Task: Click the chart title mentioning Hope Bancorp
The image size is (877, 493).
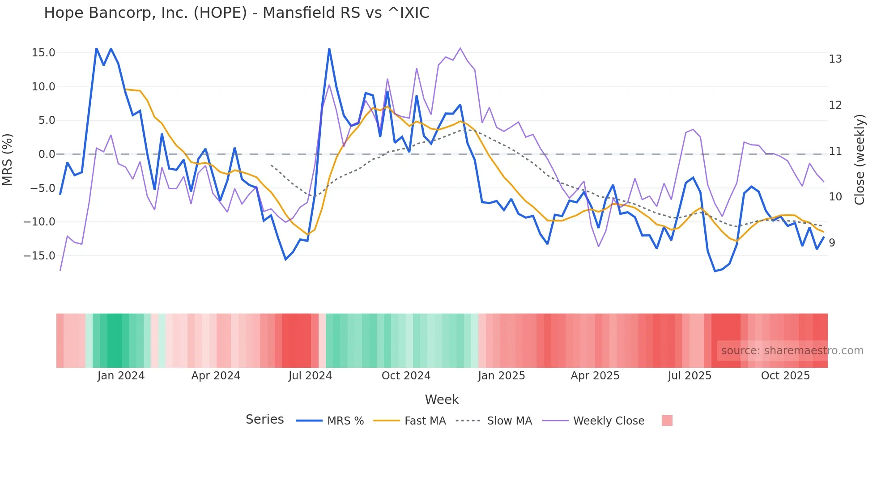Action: tap(236, 13)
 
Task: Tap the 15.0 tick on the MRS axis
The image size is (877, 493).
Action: tap(43, 53)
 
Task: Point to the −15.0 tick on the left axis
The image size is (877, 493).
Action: tap(39, 256)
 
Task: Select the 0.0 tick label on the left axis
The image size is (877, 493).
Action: tap(47, 154)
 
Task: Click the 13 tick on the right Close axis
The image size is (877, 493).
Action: tap(835, 59)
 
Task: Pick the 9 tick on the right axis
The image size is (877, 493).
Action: tap(832, 243)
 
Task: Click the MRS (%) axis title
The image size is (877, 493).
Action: tap(8, 159)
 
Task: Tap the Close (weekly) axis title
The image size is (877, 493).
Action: tap(860, 159)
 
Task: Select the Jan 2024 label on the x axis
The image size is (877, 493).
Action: tap(121, 376)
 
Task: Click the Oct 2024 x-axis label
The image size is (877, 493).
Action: tap(406, 376)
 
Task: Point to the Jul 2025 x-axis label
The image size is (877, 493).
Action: tap(690, 376)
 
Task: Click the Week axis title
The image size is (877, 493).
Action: tap(442, 399)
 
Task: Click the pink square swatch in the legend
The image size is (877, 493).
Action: tap(667, 421)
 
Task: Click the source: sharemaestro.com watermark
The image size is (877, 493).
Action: tap(792, 351)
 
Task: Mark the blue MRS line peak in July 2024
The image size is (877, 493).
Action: tap(329, 49)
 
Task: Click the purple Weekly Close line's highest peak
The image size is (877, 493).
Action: tap(460, 48)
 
